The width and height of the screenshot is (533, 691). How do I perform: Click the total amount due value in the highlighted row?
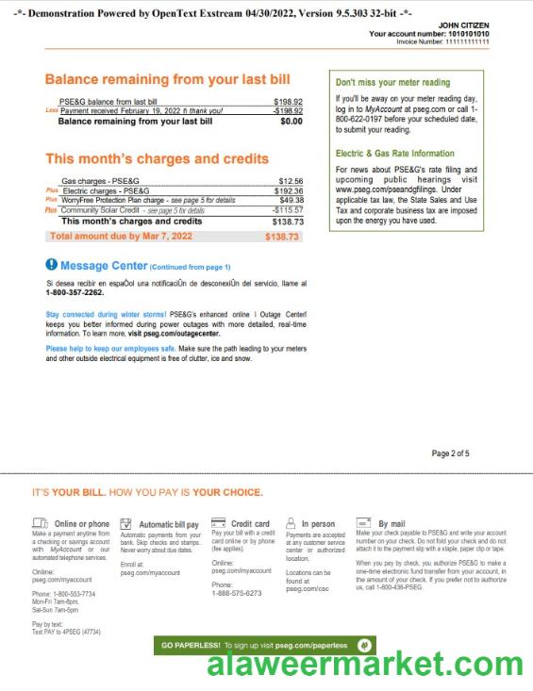coord(281,237)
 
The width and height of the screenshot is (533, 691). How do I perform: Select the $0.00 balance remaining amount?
coord(291,121)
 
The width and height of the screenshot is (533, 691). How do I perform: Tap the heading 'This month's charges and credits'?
coord(157,158)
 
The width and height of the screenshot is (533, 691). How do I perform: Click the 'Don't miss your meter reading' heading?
coord(392,82)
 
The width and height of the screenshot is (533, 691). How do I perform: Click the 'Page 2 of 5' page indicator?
coord(450,453)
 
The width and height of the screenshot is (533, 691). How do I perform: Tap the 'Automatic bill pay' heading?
coord(168,524)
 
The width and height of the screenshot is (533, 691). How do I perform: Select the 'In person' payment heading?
coord(318,524)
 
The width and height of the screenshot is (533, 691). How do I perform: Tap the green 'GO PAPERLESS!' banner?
coord(265,645)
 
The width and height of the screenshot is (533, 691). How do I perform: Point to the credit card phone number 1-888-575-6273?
coord(236,593)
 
